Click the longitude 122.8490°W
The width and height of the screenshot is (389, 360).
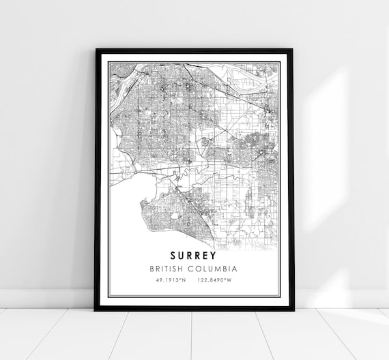[214, 280]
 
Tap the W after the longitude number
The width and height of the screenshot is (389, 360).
[229, 280]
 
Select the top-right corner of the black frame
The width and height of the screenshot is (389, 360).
[293, 50]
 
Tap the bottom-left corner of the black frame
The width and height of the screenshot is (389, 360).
[96, 310]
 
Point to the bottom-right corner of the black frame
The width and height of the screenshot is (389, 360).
[293, 310]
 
